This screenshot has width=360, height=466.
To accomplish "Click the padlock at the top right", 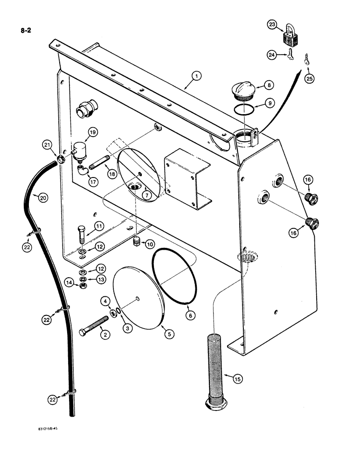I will pos(289,38).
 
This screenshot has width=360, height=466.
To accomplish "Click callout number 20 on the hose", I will pos(42,198).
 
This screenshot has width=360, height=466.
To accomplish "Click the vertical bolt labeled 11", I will pos(82,236).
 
